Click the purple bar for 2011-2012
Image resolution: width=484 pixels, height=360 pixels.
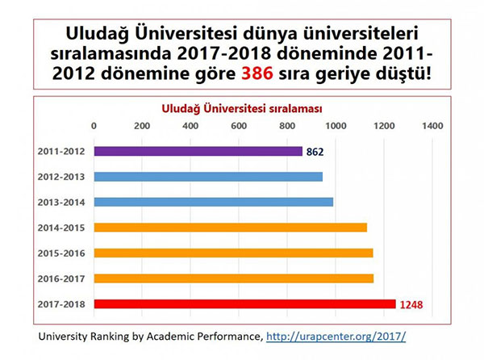[198, 151]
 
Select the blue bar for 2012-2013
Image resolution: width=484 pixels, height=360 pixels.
[208, 177]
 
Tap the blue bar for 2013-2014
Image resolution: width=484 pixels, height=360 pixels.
[213, 202]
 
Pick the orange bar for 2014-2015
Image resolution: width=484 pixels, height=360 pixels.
[230, 228]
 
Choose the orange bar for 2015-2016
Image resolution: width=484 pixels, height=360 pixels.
[233, 253]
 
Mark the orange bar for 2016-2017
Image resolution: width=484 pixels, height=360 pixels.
[233, 278]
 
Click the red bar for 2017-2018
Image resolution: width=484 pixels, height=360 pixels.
[244, 304]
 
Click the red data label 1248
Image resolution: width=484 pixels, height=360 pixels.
[411, 305]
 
